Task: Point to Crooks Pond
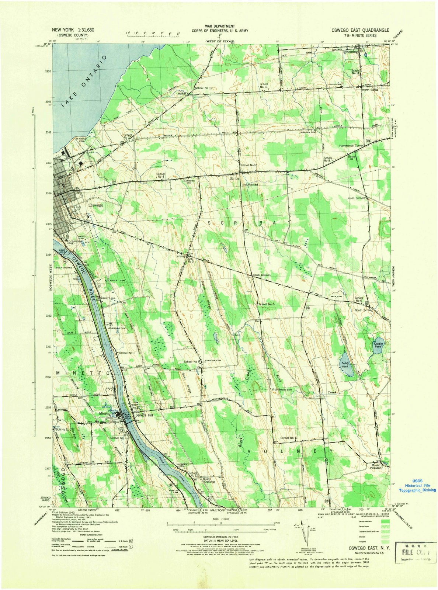click(x=378, y=346)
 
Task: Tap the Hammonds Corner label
click(x=352, y=146)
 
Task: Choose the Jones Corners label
click(x=356, y=198)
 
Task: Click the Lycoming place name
click(x=351, y=52)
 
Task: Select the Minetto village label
click(x=105, y=414)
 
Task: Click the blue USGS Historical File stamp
click(x=417, y=486)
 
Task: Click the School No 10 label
click(x=248, y=165)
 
